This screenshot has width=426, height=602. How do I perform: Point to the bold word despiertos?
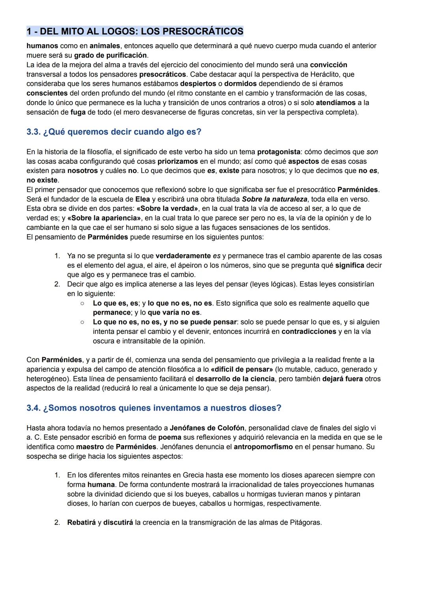point(198,84)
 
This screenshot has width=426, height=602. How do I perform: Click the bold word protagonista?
point(279,152)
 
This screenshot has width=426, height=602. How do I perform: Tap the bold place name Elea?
point(142,199)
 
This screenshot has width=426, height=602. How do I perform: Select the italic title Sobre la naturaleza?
point(275,199)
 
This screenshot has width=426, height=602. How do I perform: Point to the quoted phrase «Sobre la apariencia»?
point(104,218)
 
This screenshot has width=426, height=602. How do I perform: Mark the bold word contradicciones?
point(309,332)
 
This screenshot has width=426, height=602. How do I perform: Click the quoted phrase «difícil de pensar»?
point(242,369)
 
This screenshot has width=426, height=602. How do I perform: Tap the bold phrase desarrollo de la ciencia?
point(235,379)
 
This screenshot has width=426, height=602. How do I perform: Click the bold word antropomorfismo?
point(263,447)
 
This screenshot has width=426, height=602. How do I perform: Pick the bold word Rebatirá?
point(81,523)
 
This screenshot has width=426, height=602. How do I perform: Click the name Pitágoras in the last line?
point(306,523)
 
